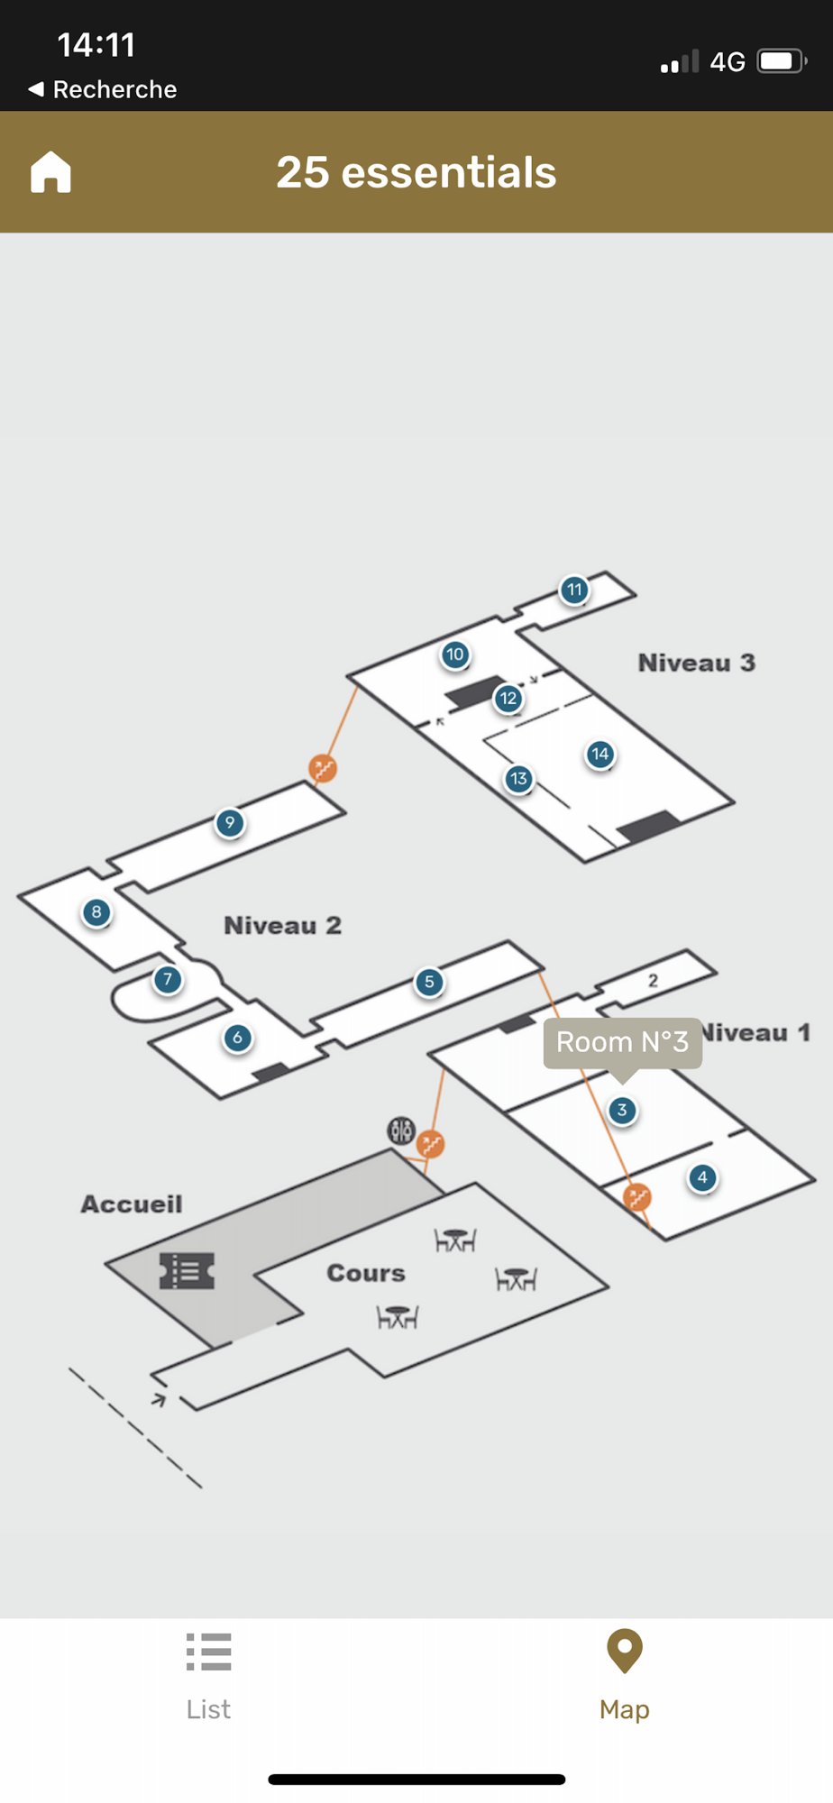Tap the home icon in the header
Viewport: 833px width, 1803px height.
tap(50, 171)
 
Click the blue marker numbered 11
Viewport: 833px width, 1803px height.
tap(574, 590)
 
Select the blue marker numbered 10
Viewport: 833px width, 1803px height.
tap(455, 654)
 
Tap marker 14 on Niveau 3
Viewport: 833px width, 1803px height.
tap(600, 755)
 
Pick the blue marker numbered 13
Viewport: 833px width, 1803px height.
tap(518, 779)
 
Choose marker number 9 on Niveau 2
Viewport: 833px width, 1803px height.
tap(230, 822)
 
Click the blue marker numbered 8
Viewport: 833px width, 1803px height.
tap(96, 912)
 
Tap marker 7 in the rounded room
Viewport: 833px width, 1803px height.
tap(168, 980)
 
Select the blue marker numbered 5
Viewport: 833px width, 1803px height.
tap(429, 982)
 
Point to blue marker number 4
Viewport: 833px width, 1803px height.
tap(702, 1177)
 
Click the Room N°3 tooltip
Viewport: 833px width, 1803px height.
tap(622, 1043)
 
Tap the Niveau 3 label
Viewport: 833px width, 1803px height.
tap(696, 664)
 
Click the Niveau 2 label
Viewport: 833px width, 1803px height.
tap(282, 926)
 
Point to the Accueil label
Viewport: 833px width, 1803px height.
tap(132, 1204)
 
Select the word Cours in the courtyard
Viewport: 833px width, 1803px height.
tap(366, 1273)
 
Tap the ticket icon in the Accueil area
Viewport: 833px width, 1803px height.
tap(188, 1271)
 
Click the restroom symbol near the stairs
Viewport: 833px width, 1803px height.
tap(401, 1130)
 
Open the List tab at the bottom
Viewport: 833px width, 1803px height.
tap(208, 1675)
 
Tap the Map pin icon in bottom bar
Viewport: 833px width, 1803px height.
tap(625, 1652)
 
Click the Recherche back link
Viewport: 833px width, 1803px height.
tap(103, 89)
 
